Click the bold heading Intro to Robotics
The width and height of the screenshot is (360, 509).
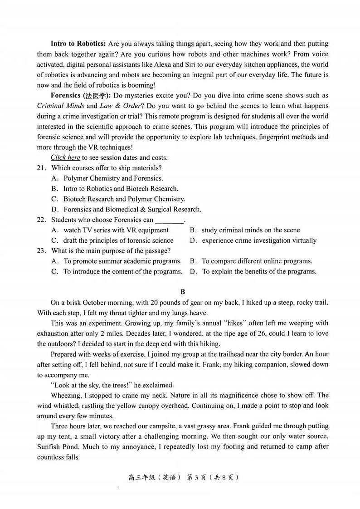(x=78, y=44)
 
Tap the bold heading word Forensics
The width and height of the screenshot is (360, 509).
(x=66, y=96)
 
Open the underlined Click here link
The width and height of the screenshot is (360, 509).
(x=65, y=158)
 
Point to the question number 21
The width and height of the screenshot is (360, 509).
(x=42, y=168)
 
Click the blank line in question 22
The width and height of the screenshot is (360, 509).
(x=170, y=220)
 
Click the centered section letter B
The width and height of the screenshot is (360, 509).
(x=183, y=292)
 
